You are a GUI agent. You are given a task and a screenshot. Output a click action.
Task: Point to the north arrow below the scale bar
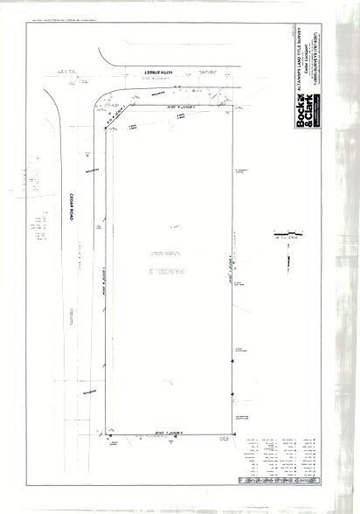coord(287,256)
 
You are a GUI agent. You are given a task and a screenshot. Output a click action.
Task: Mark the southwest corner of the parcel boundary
coord(106,434)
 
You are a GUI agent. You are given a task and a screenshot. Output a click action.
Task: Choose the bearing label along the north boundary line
coord(175,104)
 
